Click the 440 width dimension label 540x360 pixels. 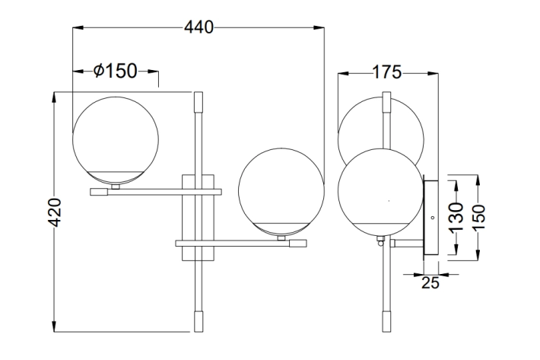coord(199,27)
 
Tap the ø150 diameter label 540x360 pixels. coord(116,71)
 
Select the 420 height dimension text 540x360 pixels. coord(55,212)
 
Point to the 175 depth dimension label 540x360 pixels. coord(387,72)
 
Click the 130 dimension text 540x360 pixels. coord(456,218)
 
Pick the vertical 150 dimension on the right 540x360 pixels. coord(478,218)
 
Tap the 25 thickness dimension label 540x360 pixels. coord(430,283)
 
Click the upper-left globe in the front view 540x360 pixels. coord(116,140)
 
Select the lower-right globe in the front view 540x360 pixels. coord(281,192)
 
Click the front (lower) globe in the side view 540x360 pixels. coord(380,192)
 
